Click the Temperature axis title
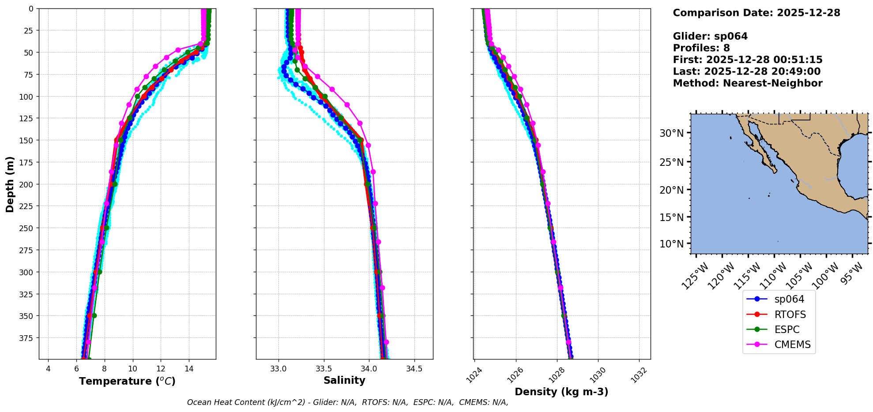pyautogui.click(x=127, y=381)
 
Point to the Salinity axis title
pyautogui.click(x=344, y=380)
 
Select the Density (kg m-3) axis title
pyautogui.click(x=561, y=392)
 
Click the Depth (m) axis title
pyautogui.click(x=10, y=184)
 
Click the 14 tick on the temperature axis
pyautogui.click(x=189, y=369)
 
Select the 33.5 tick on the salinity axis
pyautogui.click(x=324, y=369)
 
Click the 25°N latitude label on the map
pyautogui.click(x=671, y=162)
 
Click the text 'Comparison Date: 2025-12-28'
pyautogui.click(x=756, y=13)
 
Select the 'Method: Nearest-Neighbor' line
pyautogui.click(x=748, y=83)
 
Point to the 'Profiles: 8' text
pyautogui.click(x=701, y=48)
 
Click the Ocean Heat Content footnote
pyautogui.click(x=347, y=402)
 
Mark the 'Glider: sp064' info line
pyautogui.click(x=710, y=36)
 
